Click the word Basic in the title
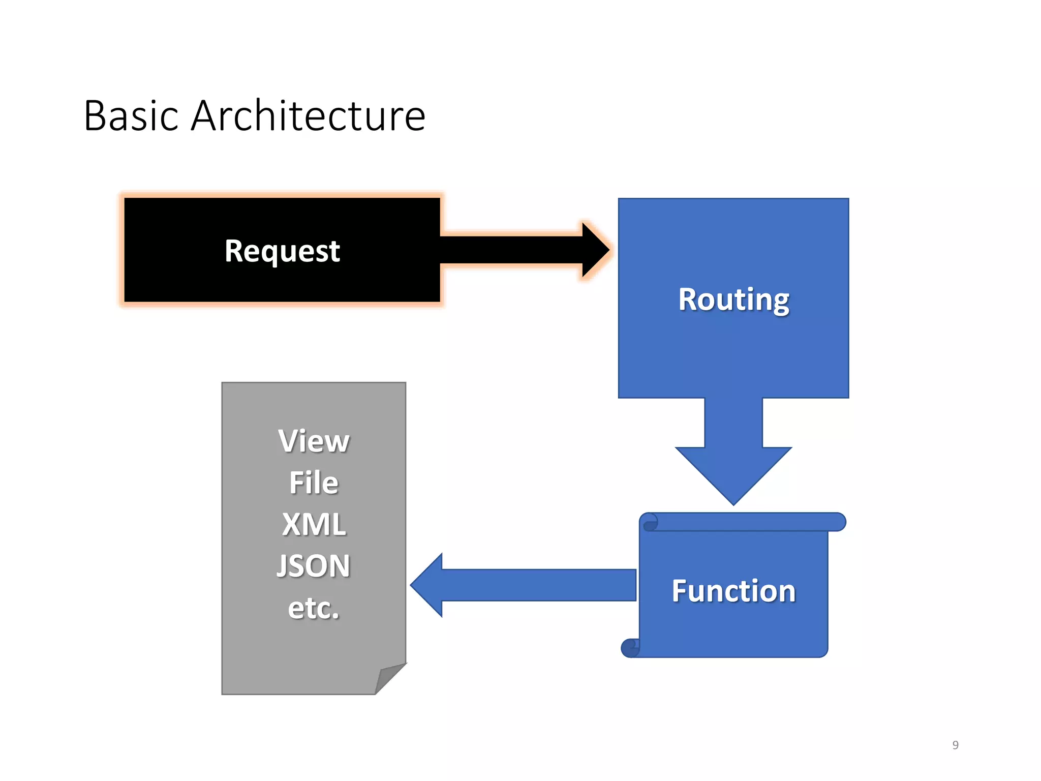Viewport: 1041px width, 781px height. coord(131,116)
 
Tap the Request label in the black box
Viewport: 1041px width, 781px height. coord(282,251)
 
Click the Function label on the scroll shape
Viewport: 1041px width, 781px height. coord(733,591)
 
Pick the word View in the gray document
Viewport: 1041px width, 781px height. coord(314,441)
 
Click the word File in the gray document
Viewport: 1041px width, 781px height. coord(314,483)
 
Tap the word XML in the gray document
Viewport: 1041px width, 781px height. coord(314,524)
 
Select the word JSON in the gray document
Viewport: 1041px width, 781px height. coord(314,566)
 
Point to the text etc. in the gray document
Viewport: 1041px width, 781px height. coord(314,608)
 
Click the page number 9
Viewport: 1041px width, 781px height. coord(955,745)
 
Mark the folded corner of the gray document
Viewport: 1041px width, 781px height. coord(388,678)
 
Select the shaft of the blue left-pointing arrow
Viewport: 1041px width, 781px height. coord(539,585)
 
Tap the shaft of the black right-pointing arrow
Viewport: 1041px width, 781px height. coord(511,250)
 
